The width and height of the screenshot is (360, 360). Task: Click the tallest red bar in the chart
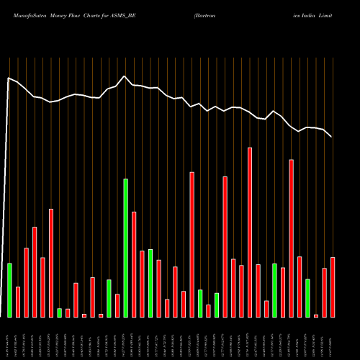(250, 233)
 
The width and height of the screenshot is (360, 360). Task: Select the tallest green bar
(126, 248)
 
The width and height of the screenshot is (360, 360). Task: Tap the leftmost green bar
(10, 290)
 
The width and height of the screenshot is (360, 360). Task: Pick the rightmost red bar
(333, 287)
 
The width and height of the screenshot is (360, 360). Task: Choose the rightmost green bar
(307, 298)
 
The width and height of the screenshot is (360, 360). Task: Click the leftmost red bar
(18, 302)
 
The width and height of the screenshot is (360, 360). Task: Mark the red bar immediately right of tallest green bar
(134, 264)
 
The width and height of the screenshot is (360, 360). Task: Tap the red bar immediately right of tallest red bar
(258, 291)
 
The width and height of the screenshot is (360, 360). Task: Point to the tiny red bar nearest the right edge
(316, 315)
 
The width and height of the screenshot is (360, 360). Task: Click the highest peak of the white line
(125, 76)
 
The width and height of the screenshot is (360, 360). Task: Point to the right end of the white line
(331, 136)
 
